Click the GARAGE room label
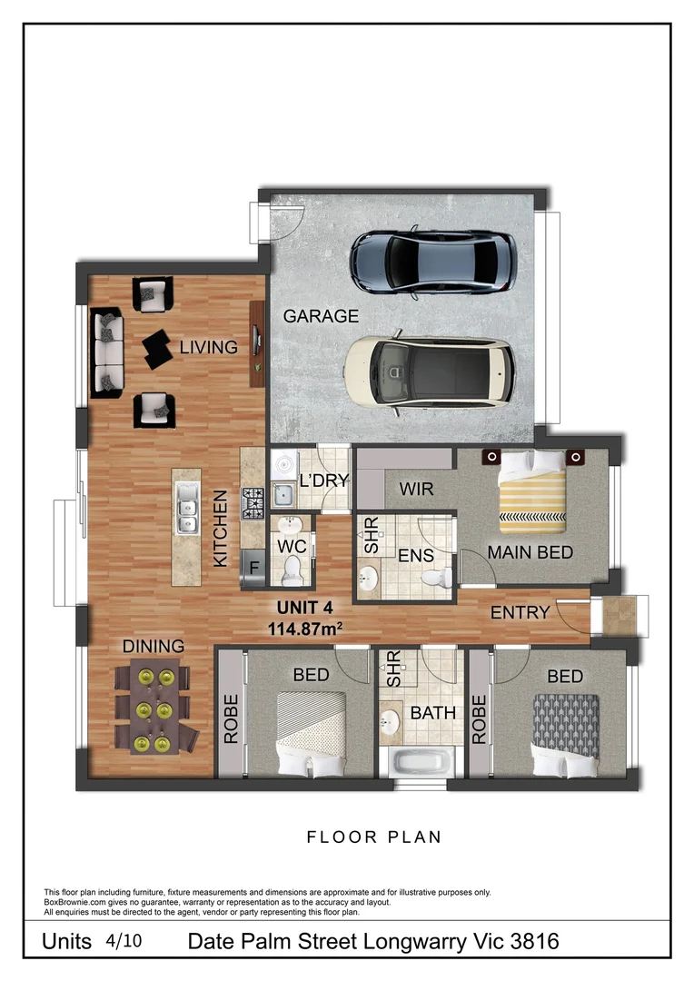(321, 316)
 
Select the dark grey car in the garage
(434, 261)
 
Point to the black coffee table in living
(157, 348)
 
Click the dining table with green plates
(154, 708)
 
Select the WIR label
(415, 490)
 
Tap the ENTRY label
(520, 612)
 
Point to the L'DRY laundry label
(323, 481)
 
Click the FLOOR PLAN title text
(373, 837)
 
